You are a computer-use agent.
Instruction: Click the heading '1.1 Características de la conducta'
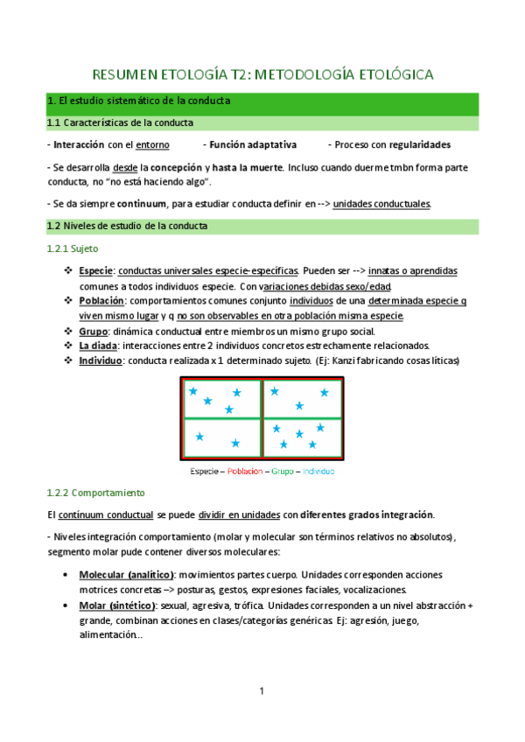point(121,122)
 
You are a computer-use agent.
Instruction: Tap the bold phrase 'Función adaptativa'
point(249,144)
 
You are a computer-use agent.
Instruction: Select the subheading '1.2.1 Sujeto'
point(72,249)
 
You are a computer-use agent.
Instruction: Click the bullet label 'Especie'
point(96,271)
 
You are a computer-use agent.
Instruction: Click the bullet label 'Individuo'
point(101,360)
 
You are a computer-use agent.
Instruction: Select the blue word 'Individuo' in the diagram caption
point(318,471)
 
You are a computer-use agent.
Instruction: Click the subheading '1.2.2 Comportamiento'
point(96,493)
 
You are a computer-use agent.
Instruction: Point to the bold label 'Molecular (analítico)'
point(126,575)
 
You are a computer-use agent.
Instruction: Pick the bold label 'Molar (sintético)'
point(117,605)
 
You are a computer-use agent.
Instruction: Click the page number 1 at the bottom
point(262,692)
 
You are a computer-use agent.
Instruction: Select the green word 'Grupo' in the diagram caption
point(282,471)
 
